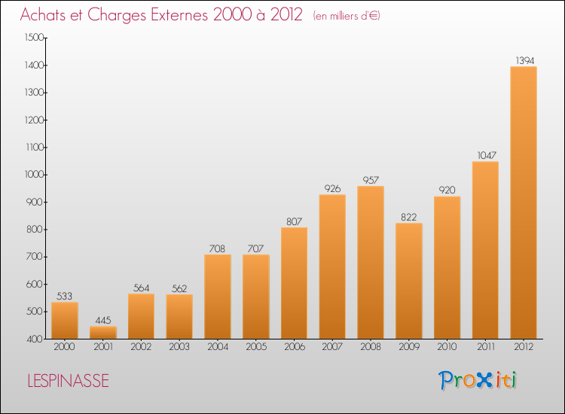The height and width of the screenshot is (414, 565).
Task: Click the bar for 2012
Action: pos(524,202)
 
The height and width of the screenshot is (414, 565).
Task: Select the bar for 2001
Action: pos(103,332)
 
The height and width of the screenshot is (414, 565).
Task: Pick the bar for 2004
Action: pos(218,297)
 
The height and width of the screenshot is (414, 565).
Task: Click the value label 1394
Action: pos(524,59)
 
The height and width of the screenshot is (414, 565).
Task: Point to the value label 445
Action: pos(103,319)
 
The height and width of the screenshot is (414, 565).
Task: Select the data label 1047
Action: pos(485,155)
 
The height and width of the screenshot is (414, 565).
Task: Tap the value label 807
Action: pos(294,221)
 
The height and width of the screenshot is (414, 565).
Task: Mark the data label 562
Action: pos(179,288)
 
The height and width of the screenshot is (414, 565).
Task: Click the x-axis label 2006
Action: pos(294,348)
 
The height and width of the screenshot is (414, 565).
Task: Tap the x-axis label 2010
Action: pos(447,348)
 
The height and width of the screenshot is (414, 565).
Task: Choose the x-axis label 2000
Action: pos(65,348)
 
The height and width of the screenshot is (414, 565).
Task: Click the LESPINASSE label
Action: pos(67,381)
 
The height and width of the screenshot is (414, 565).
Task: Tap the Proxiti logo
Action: pos(478,380)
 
